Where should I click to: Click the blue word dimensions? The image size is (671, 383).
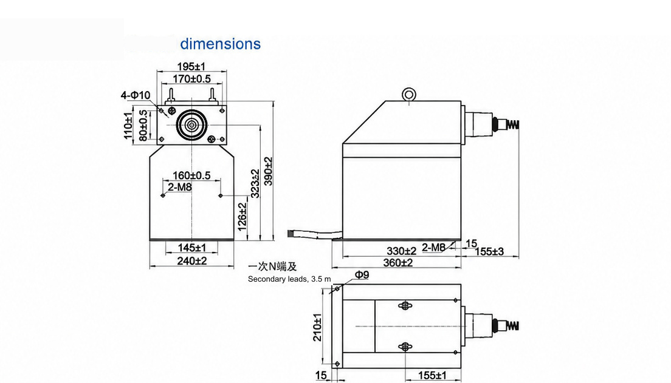pos(220,44)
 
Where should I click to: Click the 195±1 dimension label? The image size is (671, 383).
pos(191,66)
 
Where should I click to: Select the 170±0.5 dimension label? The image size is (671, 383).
pos(191,79)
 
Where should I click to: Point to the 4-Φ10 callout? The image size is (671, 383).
pos(136,95)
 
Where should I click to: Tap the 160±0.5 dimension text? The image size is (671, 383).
pos(191,175)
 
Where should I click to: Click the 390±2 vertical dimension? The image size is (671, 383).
pos(268,171)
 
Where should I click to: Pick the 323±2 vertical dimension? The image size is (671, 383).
pos(255,183)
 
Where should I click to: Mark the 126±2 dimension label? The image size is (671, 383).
pos(243,217)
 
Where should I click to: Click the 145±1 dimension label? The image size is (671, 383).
pos(191,248)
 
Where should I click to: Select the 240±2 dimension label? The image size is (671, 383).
pos(191,260)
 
